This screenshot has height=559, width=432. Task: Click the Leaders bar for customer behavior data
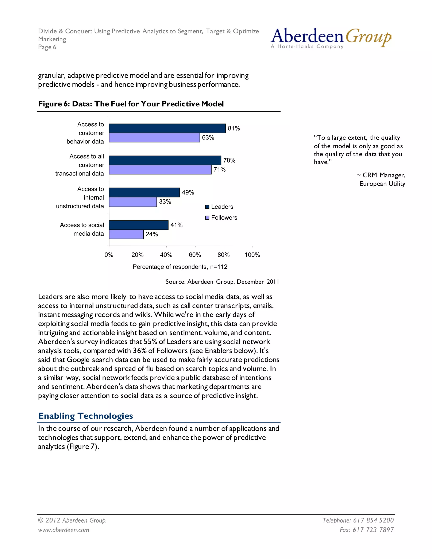click(x=167, y=128)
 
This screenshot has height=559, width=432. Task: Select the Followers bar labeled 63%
click(x=154, y=138)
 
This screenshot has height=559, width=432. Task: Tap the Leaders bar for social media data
click(x=138, y=225)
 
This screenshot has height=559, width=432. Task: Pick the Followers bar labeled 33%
click(x=133, y=202)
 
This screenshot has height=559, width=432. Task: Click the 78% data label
click(x=229, y=161)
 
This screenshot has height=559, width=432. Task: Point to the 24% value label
click(x=152, y=234)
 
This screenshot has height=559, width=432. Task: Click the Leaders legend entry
click(x=219, y=207)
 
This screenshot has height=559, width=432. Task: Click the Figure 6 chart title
click(x=131, y=104)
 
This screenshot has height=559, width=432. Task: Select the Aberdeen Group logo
click(x=331, y=38)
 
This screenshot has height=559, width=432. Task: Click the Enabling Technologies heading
click(x=85, y=416)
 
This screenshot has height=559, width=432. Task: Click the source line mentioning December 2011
click(x=222, y=282)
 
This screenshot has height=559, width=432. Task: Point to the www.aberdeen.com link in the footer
click(x=63, y=530)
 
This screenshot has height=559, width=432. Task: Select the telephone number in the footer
click(x=358, y=520)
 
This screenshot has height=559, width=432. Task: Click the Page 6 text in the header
click(x=47, y=47)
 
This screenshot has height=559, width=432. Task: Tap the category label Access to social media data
click(x=82, y=229)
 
